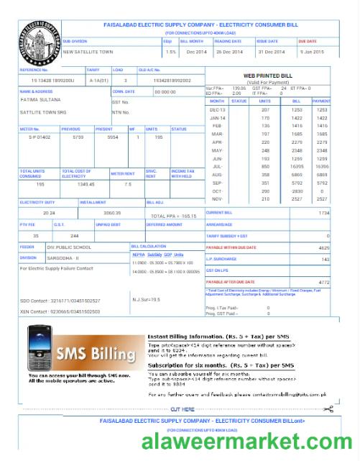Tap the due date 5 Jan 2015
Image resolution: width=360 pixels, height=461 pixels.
[312, 52]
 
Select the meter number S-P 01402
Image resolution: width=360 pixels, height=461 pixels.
[40, 136]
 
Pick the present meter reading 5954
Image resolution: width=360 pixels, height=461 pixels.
[112, 136]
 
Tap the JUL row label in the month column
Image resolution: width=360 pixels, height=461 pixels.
[216, 165]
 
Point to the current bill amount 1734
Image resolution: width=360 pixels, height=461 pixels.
[323, 214]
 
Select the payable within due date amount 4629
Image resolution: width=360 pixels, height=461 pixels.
[323, 247]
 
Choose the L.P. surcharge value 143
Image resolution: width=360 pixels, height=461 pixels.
[325, 259]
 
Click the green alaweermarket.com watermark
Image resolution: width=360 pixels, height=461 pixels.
[246, 440]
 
